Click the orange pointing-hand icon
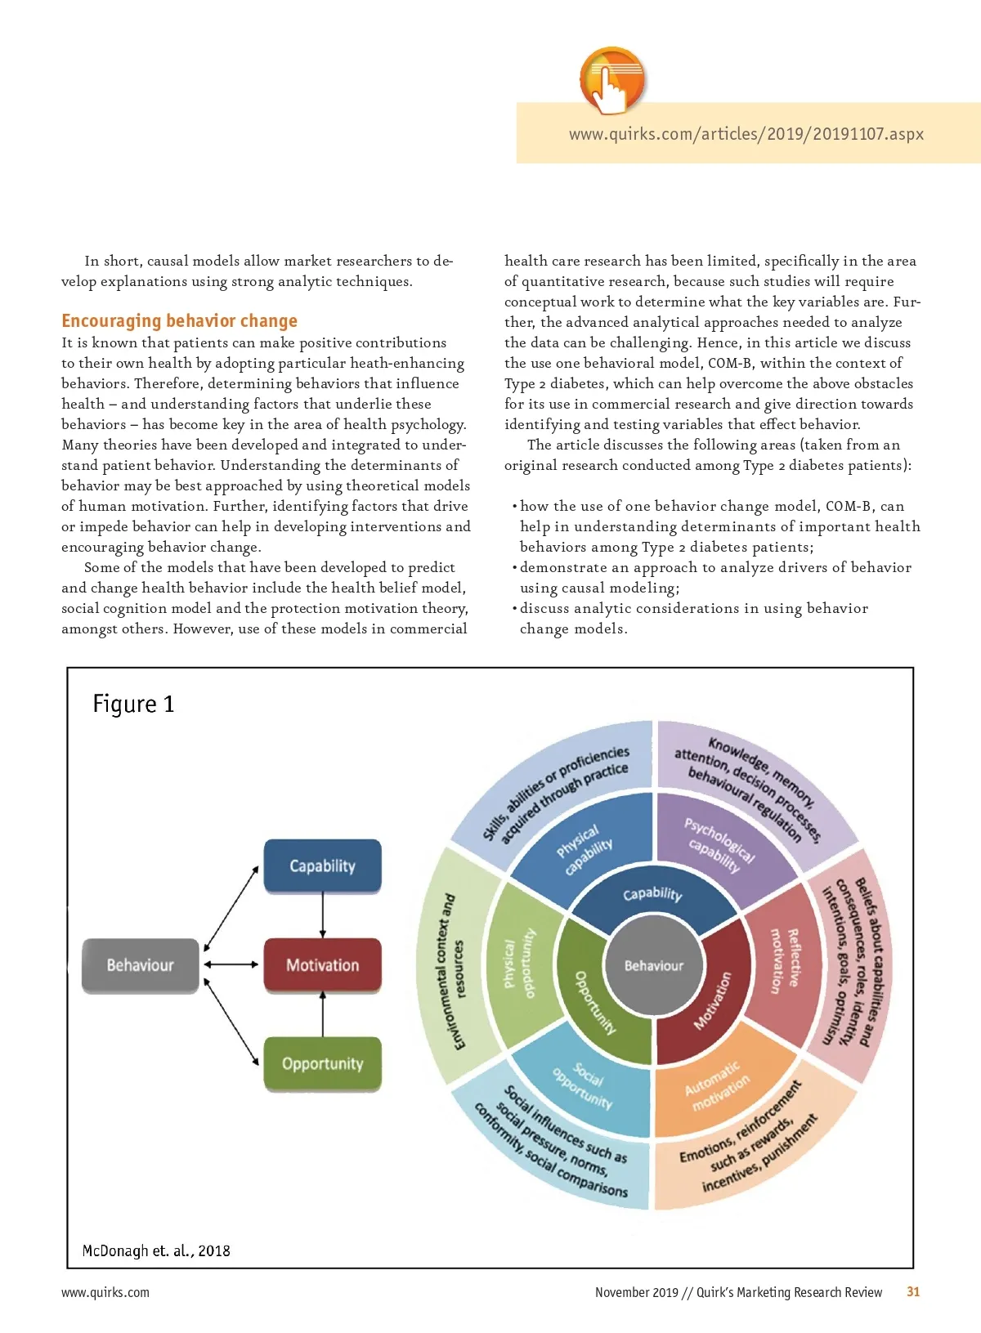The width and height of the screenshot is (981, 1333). click(x=612, y=80)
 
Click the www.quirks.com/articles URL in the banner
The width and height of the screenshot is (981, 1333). click(x=746, y=134)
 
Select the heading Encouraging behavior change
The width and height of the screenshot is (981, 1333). click(x=179, y=321)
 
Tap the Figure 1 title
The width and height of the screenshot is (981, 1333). click(x=133, y=704)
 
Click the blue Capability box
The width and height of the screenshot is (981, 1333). click(x=322, y=866)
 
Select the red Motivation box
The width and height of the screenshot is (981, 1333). click(x=322, y=965)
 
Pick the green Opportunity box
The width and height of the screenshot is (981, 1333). click(x=322, y=1063)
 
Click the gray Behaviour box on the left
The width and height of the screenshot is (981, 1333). click(x=140, y=965)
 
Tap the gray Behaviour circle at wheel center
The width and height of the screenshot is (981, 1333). click(x=653, y=965)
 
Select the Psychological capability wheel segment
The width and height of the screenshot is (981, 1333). click(x=719, y=846)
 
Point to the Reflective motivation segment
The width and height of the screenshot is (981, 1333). click(x=783, y=960)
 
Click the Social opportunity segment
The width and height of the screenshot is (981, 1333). click(x=583, y=1085)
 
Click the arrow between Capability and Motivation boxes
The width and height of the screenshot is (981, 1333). click(x=323, y=915)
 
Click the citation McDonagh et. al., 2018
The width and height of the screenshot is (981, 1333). click(x=156, y=1250)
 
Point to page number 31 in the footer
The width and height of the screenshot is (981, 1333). click(x=913, y=1291)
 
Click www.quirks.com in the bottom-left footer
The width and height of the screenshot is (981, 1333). click(x=105, y=1292)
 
